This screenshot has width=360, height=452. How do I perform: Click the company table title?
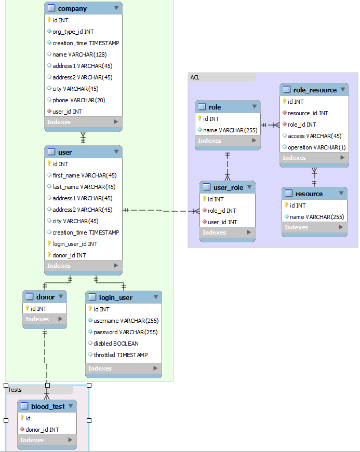pyautogui.click(x=72, y=8)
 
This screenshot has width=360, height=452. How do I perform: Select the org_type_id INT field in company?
pyautogui.click(x=73, y=32)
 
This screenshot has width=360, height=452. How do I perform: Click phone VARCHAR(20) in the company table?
pyautogui.click(x=75, y=100)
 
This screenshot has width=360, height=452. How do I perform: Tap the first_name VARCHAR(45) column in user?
pyautogui.click(x=84, y=175)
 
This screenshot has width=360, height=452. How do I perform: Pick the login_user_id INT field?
pyautogui.click(x=75, y=244)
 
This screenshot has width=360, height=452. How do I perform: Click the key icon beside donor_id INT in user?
pyautogui.click(x=49, y=255)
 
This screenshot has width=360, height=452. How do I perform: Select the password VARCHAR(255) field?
pyautogui.click(x=126, y=332)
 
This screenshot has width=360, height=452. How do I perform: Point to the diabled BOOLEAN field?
pyautogui.click(x=116, y=344)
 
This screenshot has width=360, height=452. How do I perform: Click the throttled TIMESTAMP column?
pyautogui.click(x=121, y=355)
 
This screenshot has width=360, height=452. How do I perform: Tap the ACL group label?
pyautogui.click(x=195, y=77)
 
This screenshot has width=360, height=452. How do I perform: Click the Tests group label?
pyautogui.click(x=15, y=390)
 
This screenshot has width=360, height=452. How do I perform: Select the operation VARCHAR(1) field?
pyautogui.click(x=316, y=147)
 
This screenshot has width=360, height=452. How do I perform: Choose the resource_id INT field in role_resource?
pyautogui.click(x=308, y=113)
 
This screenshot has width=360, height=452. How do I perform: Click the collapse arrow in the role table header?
pyautogui.click(x=255, y=106)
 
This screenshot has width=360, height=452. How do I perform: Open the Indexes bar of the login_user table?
pyautogui.click(x=123, y=368)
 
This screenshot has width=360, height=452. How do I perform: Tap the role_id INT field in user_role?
pyautogui.click(x=221, y=211)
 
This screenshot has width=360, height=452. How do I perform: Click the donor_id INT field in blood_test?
pyautogui.click(x=42, y=430)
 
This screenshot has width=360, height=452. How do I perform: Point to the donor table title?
pyautogui.click(x=45, y=297)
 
